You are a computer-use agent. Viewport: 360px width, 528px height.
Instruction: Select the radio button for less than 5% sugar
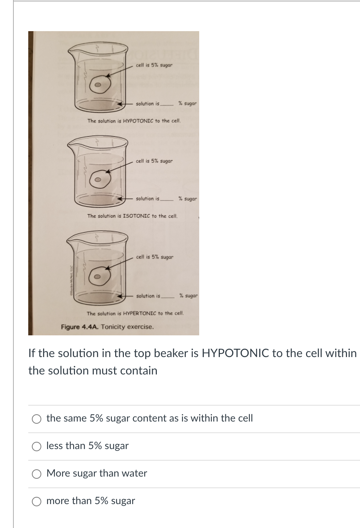(x=36, y=447)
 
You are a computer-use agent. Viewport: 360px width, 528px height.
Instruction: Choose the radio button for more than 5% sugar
(x=36, y=502)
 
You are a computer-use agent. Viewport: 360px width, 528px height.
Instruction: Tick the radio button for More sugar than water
(x=36, y=474)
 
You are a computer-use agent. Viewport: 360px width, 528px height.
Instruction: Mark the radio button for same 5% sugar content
(x=36, y=419)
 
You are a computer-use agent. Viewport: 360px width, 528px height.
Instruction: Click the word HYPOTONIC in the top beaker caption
(x=139, y=121)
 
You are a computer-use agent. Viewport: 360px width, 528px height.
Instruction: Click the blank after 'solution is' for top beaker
(x=168, y=104)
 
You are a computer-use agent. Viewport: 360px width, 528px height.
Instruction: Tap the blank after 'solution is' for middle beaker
(x=168, y=199)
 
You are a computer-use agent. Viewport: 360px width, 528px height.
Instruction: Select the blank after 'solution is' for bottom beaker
(x=168, y=296)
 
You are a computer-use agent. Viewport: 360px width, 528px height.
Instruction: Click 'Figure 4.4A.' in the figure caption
(x=80, y=327)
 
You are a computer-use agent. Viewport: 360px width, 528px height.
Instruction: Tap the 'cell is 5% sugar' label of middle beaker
(x=154, y=161)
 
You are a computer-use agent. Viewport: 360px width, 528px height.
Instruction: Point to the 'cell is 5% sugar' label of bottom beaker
(x=155, y=257)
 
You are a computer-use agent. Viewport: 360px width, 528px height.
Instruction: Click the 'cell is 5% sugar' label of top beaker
(x=154, y=65)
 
